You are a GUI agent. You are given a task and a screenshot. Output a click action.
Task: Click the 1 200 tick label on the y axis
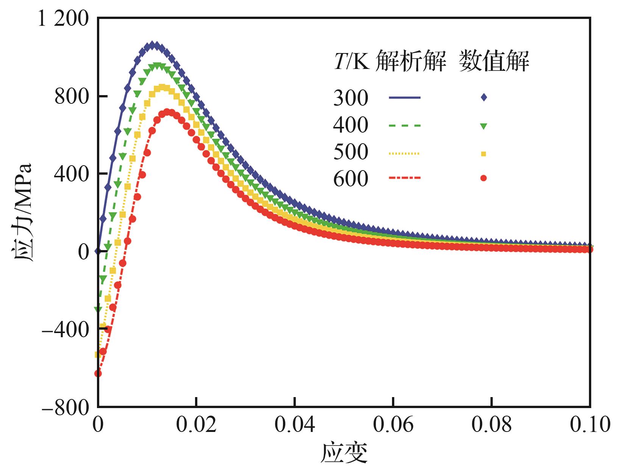coord(63,19)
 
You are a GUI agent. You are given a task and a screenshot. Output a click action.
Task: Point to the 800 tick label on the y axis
coord(72,97)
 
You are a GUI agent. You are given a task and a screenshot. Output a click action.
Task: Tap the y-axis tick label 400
coord(72,174)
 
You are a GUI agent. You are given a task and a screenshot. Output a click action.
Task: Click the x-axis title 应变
coord(344,453)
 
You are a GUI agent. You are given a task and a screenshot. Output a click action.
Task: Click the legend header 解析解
coord(411,61)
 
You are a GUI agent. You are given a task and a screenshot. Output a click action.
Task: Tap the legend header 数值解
coord(494,61)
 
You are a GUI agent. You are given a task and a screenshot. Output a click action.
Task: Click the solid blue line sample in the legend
coord(404,98)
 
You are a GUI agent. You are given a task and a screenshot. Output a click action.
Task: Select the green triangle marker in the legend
coord(483,126)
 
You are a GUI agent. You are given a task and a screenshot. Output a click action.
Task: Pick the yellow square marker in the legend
coord(483,153)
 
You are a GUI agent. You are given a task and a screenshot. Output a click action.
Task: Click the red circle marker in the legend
coord(483,178)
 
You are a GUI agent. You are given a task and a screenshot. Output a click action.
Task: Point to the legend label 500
coord(351,152)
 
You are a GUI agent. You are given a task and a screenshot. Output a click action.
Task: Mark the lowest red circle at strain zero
coord(98,374)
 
